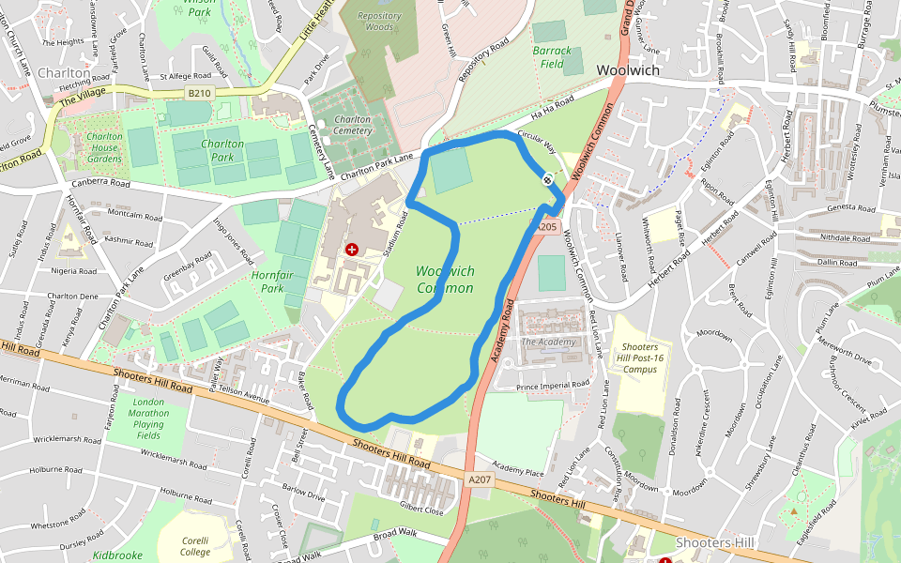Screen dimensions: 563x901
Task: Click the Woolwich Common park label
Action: point(445,280)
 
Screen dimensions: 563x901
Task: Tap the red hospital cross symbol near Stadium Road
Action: point(352,249)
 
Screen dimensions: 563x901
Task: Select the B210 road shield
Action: point(199,93)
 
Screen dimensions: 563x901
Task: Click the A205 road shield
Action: point(547,227)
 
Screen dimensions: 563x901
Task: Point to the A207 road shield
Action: point(480,479)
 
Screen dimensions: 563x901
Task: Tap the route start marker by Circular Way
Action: point(547,178)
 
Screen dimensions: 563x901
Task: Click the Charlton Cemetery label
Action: point(352,125)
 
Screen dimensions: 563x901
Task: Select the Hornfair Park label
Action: point(273,281)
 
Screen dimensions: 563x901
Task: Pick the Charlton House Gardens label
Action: point(104,147)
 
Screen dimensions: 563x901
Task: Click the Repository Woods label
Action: point(379,22)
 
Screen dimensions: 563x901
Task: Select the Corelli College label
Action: point(194,546)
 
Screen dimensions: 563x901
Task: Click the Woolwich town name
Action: point(628,70)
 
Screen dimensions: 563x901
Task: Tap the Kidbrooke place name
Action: point(117,555)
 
